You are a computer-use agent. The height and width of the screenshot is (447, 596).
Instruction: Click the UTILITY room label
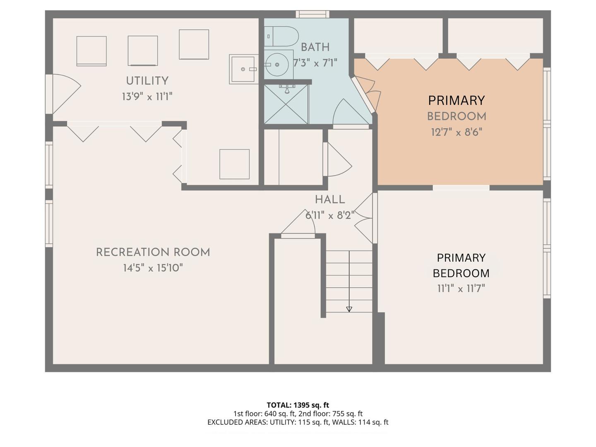pyautogui.click(x=147, y=81)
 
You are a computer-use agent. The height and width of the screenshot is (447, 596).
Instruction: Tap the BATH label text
pyautogui.click(x=315, y=47)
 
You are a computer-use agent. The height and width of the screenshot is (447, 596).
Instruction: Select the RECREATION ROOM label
pyautogui.click(x=153, y=252)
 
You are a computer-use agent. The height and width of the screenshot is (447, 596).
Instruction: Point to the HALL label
pyautogui.click(x=330, y=200)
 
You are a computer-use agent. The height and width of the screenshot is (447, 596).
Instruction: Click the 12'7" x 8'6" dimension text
pyautogui.click(x=457, y=132)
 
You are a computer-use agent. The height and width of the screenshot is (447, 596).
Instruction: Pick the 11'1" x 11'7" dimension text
pyautogui.click(x=461, y=288)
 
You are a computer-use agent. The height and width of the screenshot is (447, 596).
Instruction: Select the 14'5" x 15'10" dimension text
pyautogui.click(x=153, y=268)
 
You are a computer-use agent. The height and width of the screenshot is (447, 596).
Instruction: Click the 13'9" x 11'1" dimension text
pyautogui.click(x=147, y=96)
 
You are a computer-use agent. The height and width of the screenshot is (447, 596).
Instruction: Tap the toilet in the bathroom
pyautogui.click(x=281, y=36)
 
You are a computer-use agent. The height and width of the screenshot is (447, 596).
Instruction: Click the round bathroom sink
pyautogui.click(x=277, y=65)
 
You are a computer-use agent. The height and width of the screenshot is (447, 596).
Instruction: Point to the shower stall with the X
pyautogui.click(x=286, y=104)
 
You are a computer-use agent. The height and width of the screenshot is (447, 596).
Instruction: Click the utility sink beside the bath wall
pyautogui.click(x=243, y=69)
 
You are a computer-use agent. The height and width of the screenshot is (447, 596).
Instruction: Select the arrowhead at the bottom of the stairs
pyautogui.click(x=349, y=309)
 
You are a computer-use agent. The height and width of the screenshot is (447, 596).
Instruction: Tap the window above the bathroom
pyautogui.click(x=312, y=14)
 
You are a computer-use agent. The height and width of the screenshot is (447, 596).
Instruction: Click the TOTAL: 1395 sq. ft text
pyautogui.click(x=298, y=405)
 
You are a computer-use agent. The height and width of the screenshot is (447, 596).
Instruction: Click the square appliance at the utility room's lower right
pyautogui.click(x=234, y=164)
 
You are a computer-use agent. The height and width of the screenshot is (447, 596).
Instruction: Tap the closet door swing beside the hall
pyautogui.click(x=339, y=160)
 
